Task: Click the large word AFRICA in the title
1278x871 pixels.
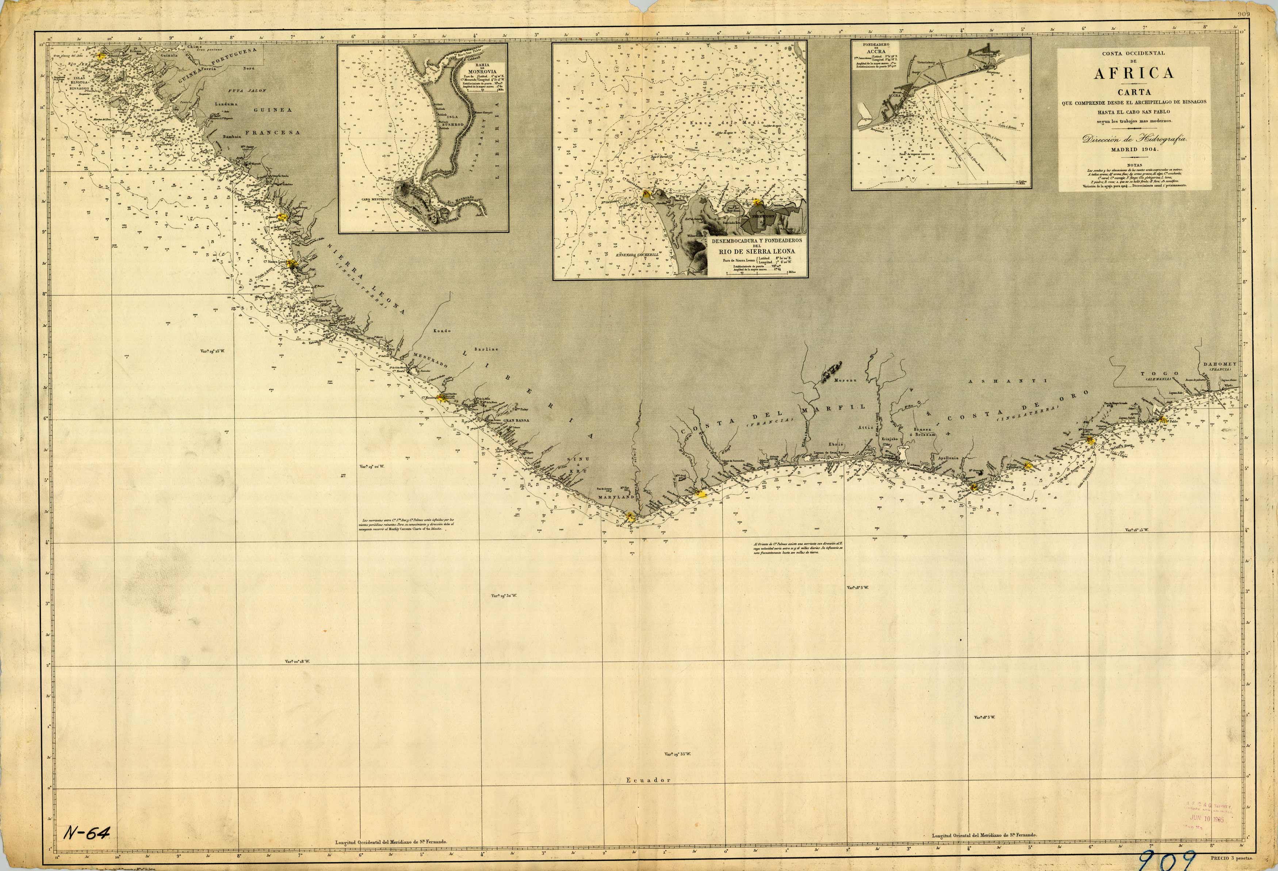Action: pyautogui.click(x=1133, y=73)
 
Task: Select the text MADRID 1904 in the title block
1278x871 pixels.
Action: pyautogui.click(x=1134, y=149)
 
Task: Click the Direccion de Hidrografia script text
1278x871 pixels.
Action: pyautogui.click(x=1133, y=139)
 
